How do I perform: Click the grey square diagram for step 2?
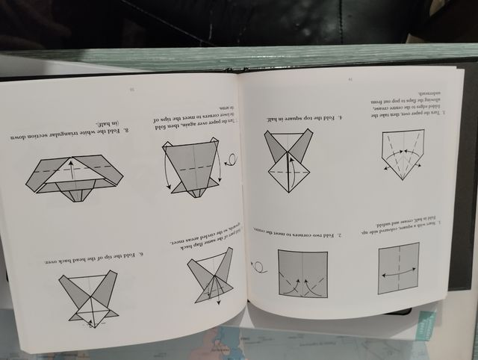coord(302,273)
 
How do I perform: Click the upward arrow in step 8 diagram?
coord(72,170)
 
